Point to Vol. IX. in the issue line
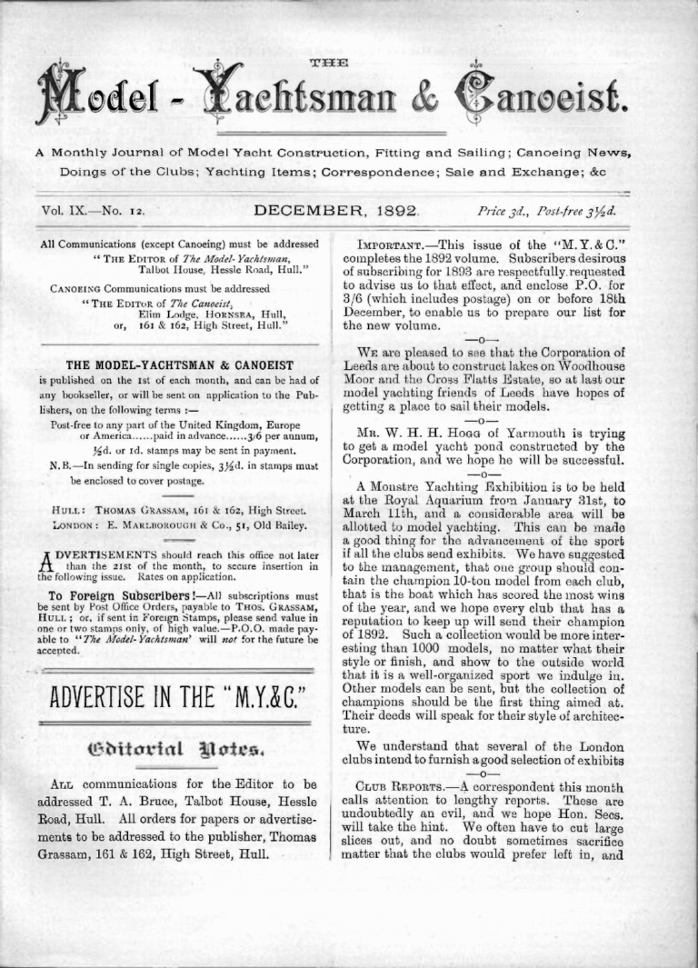pyautogui.click(x=67, y=212)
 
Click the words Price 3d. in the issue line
pyautogui.click(x=501, y=212)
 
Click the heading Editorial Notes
pyautogui.click(x=178, y=751)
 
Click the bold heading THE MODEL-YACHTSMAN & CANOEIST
pyautogui.click(x=179, y=365)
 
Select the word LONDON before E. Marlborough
pyautogui.click(x=73, y=526)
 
